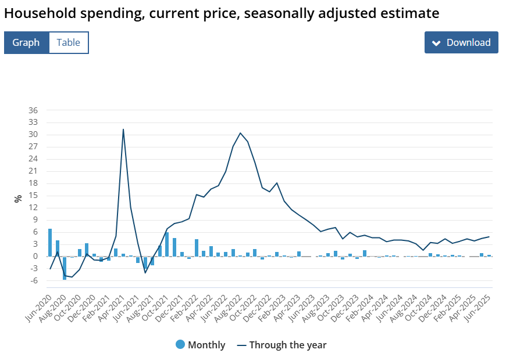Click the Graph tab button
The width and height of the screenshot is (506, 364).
26,42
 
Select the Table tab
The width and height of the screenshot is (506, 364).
69,42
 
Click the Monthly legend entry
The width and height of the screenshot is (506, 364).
200,345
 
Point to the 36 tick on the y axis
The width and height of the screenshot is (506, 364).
33,110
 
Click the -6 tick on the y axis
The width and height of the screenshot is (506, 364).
33,281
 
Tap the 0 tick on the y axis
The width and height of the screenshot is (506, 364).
35,257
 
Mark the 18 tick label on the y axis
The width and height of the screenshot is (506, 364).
33,183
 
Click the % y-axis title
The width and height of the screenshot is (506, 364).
18,198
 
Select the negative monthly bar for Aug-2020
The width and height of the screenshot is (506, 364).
65,268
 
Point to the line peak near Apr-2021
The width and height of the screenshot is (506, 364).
123,129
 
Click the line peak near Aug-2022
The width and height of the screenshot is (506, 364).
240,133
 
